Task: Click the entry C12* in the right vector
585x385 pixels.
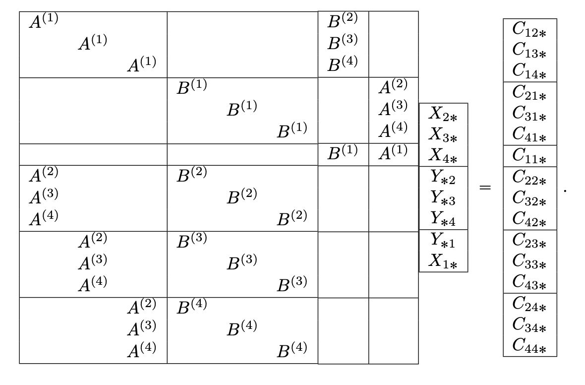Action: [x=529, y=31]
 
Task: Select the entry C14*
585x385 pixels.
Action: [x=529, y=71]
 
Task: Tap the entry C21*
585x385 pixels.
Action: [x=529, y=93]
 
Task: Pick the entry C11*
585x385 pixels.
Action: [x=529, y=156]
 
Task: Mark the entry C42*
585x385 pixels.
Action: [x=529, y=218]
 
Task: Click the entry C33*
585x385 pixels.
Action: [x=529, y=261]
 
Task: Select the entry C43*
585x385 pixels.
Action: [x=529, y=282]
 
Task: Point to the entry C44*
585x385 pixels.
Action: [x=529, y=346]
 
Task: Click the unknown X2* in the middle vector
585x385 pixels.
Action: [x=443, y=114]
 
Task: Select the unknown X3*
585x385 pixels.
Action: [x=443, y=135]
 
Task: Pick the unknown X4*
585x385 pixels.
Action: [x=443, y=156]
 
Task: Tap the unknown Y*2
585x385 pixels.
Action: [x=443, y=177]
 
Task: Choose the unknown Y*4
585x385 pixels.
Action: [x=443, y=218]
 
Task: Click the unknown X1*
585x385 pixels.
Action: [x=443, y=261]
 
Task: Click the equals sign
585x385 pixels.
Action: [x=485, y=188]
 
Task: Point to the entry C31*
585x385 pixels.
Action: [x=529, y=114]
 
